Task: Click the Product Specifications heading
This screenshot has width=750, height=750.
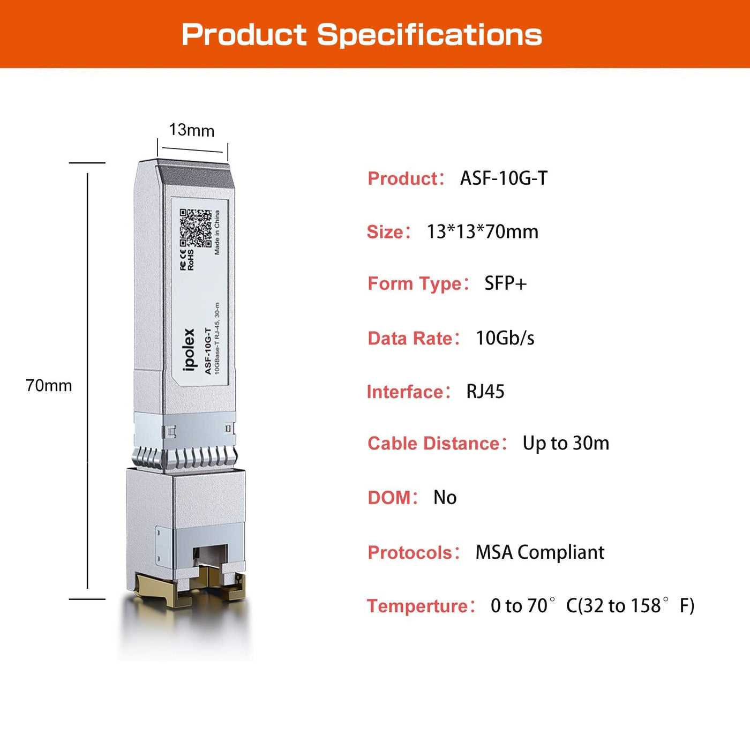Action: point(362,35)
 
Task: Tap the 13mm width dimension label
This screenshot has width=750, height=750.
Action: point(191,130)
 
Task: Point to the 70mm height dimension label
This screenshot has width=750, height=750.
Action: point(49,385)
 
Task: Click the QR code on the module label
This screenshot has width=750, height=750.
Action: point(196,228)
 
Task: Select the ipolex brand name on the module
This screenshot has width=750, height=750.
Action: point(189,349)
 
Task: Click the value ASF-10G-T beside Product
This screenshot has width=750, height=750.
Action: point(504,178)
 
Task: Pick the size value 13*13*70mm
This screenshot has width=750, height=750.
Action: point(483,231)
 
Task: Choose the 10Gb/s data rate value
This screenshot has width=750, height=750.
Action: point(505,338)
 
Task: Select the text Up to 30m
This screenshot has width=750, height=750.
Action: point(566,443)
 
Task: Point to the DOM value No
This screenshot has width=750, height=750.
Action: point(445,497)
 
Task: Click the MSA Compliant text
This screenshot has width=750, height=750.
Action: point(540,552)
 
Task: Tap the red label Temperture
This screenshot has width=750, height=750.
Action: point(418,606)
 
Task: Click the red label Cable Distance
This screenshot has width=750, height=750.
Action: point(434,444)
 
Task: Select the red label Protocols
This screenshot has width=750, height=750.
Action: point(410,553)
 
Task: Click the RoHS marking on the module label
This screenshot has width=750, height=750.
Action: point(191,260)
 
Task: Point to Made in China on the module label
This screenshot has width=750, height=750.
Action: point(217,232)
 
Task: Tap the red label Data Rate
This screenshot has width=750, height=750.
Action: point(410,338)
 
